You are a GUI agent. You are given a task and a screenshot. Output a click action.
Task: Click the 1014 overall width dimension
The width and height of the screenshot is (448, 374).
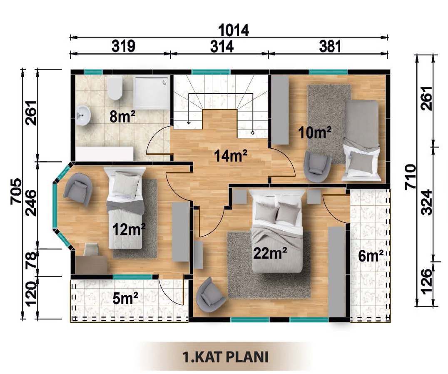[234, 30]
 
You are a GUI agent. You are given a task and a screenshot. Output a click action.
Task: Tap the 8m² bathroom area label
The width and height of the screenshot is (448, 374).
[122, 117]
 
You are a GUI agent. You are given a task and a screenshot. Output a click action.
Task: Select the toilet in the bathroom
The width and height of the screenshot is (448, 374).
[115, 88]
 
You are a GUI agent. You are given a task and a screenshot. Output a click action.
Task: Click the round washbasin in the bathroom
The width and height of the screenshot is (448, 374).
[83, 115]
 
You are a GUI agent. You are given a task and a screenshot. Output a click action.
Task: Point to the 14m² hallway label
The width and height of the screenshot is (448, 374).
[231, 155]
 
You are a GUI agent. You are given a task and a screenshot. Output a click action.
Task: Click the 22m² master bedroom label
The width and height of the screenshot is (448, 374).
[270, 253]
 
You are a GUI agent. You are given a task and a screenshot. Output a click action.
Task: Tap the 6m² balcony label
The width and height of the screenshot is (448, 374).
[371, 256]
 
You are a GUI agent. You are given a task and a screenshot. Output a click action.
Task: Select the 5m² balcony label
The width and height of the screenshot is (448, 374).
[125, 298]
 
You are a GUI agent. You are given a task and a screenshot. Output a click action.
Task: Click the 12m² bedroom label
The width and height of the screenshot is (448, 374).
[129, 229]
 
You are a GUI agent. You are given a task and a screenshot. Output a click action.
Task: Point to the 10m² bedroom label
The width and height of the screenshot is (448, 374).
[315, 132]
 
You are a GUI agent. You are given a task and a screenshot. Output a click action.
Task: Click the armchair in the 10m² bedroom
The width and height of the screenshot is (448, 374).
[317, 166]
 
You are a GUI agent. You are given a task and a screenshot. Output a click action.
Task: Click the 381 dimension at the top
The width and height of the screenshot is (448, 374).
[330, 46]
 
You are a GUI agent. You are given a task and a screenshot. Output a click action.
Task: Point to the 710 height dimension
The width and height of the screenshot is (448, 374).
[410, 176]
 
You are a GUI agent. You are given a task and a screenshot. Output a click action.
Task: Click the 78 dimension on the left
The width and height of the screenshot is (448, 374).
[31, 260]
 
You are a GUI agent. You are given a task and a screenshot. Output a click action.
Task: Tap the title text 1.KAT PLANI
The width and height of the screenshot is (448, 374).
[225, 357]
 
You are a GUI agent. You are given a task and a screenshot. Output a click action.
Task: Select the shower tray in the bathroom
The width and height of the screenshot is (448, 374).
[152, 92]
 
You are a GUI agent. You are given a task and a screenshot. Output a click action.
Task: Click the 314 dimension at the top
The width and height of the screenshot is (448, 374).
[222, 46]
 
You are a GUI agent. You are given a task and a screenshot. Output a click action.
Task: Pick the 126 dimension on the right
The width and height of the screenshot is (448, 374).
[427, 281]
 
